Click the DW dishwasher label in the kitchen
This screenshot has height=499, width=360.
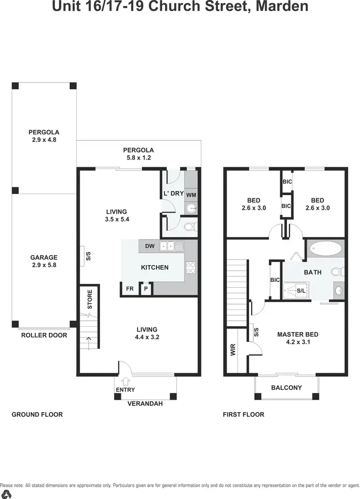(150, 246)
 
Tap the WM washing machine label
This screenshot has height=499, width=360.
(191, 195)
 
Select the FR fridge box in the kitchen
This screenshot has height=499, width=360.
(130, 289)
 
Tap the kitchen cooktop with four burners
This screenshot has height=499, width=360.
(191, 268)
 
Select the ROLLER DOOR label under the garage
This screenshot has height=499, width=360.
(44, 335)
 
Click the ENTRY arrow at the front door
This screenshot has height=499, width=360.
(126, 382)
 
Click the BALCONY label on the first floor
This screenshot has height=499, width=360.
(287, 388)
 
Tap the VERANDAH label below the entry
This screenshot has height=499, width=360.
(145, 404)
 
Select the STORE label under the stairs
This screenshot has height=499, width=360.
(90, 299)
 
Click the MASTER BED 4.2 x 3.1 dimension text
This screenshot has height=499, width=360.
(298, 343)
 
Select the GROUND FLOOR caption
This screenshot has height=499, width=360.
(37, 414)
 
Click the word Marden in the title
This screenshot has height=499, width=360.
(279, 7)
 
